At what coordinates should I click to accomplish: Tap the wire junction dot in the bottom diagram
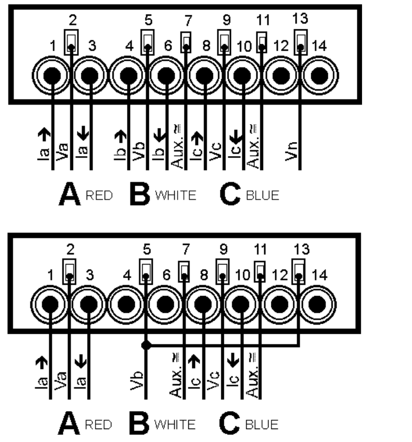point(147,345)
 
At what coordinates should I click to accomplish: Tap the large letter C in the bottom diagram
point(230,422)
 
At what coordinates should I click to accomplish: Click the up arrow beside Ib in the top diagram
point(119,135)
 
